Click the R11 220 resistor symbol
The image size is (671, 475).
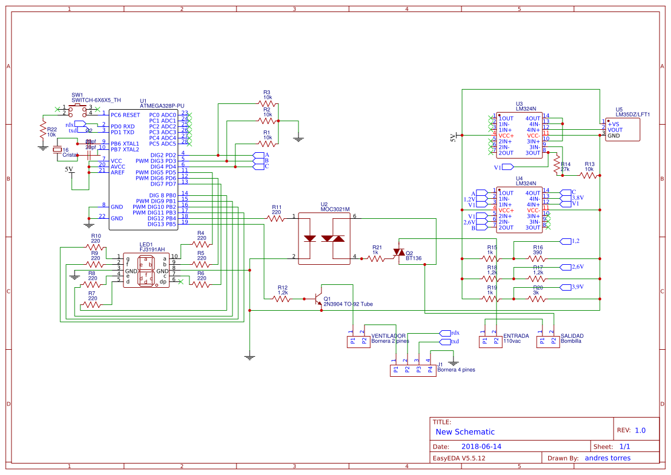276,217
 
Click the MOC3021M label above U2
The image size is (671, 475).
335,209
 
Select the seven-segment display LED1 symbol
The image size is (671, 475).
146,271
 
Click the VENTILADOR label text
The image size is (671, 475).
389,335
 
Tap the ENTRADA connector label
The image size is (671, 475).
516,335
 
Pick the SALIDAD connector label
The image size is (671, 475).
572,335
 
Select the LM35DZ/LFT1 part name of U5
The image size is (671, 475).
633,114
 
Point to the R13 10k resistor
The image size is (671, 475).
588,175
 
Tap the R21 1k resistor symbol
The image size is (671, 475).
376,258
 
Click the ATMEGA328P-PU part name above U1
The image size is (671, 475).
162,106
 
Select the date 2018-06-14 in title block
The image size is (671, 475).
481,446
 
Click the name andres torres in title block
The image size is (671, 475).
607,458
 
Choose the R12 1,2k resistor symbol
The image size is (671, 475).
282,299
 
